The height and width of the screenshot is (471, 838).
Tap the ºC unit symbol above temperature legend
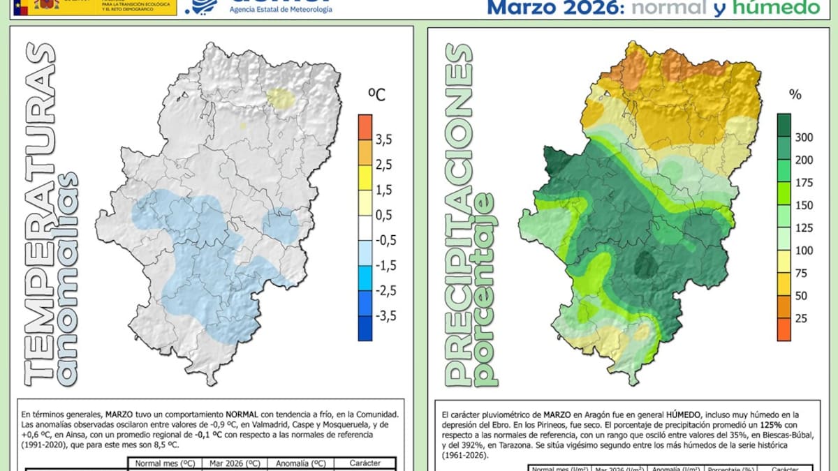376,96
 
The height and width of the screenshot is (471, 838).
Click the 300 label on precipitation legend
804,137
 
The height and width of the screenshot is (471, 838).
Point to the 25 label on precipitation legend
802,318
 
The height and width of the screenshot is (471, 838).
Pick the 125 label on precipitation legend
804,227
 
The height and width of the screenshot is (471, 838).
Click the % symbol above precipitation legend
795,94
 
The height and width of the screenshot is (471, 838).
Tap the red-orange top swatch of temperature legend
365,126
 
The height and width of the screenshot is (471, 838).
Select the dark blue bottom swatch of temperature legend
365,328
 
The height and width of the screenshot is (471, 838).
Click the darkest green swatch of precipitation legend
784,125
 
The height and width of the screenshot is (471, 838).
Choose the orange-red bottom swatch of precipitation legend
784,329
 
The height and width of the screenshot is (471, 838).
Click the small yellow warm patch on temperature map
281,98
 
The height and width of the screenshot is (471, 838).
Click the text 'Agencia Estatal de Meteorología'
281,9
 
